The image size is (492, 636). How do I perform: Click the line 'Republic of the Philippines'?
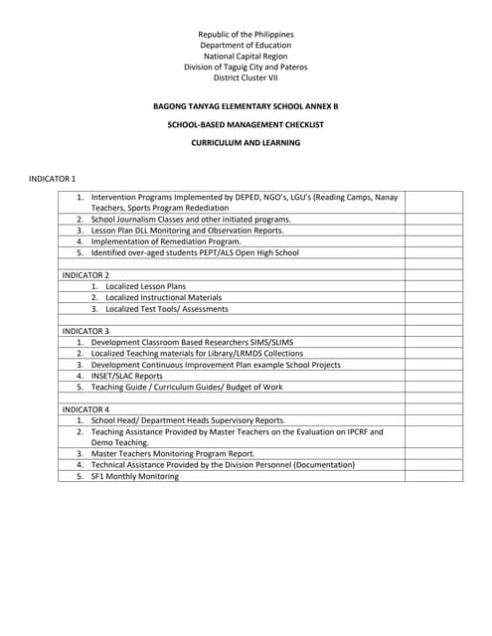pos(246,35)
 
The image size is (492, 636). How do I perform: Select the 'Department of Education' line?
pos(246,46)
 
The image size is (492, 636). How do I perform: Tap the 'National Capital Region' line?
pos(246,57)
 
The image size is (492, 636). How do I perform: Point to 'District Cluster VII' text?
pos(246,79)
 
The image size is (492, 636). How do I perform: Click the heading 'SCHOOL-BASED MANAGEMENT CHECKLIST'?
pos(246,123)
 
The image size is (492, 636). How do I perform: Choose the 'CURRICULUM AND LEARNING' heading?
pos(246,142)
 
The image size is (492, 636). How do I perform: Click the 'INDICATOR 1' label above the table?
pos(53,177)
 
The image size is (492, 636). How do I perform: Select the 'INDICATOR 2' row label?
pos(85,274)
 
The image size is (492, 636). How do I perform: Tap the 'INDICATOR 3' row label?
pos(85,330)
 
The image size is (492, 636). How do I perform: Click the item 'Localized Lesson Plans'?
pos(145,286)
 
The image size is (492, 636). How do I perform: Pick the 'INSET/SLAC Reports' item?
pos(127,376)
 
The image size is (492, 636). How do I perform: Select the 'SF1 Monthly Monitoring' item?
pos(135,477)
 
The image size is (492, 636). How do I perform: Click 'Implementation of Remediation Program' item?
pos(166,241)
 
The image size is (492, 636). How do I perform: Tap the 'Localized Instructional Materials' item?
pos(163,297)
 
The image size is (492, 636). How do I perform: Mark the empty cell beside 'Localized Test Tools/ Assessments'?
pos(433,309)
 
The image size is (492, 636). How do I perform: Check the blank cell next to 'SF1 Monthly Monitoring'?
pos(433,477)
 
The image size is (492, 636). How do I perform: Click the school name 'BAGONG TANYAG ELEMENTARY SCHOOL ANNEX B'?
pos(246,103)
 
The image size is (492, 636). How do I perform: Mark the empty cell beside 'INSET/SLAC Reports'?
pos(433,376)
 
